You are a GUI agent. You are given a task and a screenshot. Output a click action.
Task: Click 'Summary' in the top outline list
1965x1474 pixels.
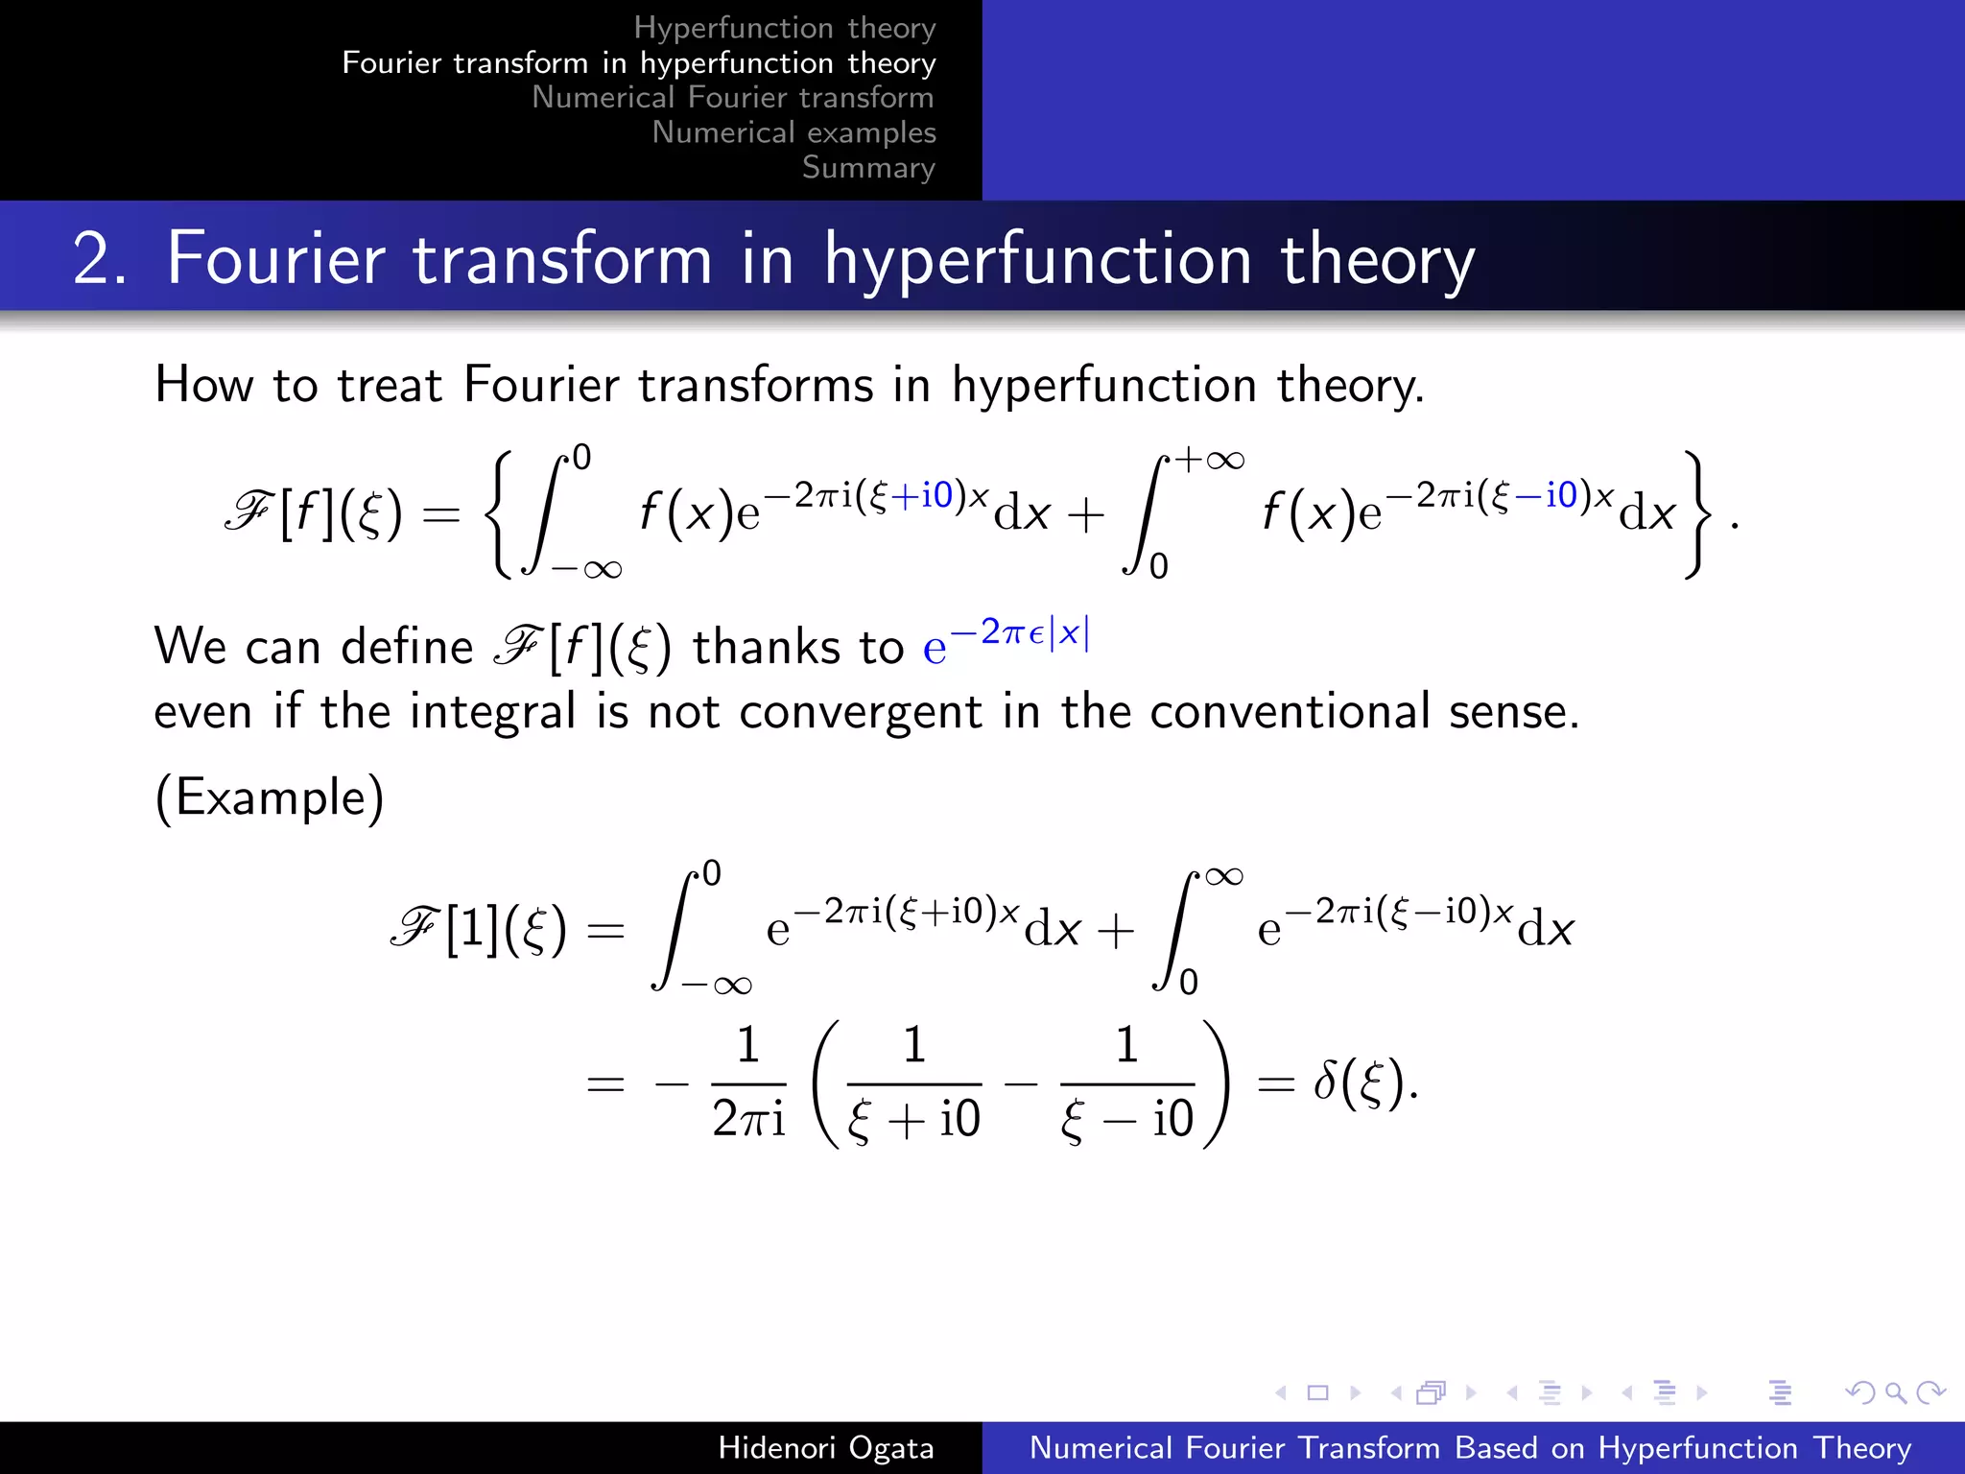point(868,167)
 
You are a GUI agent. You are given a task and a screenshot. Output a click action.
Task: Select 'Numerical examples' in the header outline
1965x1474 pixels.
point(793,132)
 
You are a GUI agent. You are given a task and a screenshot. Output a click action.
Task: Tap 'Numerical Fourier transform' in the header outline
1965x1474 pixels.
point(733,97)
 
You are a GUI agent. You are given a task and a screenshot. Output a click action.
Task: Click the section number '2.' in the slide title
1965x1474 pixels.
point(99,259)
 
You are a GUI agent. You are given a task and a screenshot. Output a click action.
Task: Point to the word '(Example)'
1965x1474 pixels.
point(270,797)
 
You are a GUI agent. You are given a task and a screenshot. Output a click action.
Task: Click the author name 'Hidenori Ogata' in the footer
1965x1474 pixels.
point(825,1447)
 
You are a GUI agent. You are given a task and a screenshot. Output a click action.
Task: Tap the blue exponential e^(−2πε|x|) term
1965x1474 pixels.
point(1006,643)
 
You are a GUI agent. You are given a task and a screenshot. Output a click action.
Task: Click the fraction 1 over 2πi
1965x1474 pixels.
point(748,1082)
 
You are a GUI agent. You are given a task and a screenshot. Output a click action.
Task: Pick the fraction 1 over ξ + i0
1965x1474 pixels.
point(913,1082)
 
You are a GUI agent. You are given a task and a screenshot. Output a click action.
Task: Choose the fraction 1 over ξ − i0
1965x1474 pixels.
point(1126,1082)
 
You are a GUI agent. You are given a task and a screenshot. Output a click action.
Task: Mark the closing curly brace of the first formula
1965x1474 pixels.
point(1696,514)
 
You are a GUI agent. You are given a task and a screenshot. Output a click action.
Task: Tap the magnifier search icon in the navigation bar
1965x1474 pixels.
point(1895,1392)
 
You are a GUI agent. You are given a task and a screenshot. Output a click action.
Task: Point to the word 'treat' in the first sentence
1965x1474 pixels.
point(390,386)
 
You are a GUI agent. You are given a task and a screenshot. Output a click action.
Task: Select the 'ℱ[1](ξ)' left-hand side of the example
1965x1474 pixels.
point(479,929)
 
